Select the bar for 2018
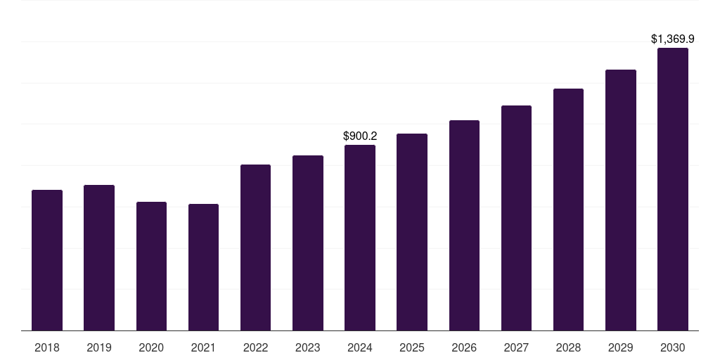tap(47, 260)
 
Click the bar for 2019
tap(99, 257)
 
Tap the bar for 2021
tap(203, 267)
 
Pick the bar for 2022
tap(255, 247)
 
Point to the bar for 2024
tap(360, 238)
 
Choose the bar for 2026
tap(464, 226)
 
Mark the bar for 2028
tap(568, 210)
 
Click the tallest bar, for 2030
tap(673, 189)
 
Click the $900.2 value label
tap(360, 136)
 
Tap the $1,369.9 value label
tap(673, 39)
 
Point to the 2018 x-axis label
tap(47, 347)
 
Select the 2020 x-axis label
tap(151, 347)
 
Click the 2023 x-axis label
tap(308, 347)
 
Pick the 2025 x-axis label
tap(412, 347)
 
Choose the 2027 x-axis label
tap(516, 347)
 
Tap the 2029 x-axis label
tap(620, 347)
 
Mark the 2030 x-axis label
tap(673, 347)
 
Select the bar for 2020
tap(151, 266)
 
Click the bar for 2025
tap(412, 232)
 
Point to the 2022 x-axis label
tap(255, 347)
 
